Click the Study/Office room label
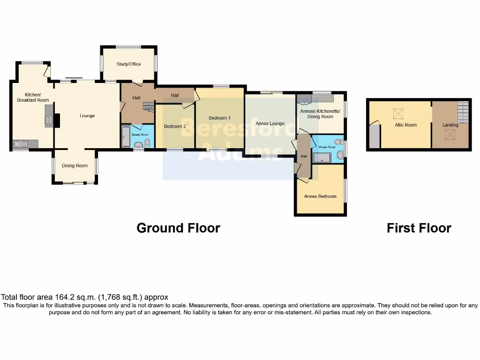[128, 64]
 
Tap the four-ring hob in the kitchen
[49, 120]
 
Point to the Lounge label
[87, 116]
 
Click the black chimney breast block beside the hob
[57, 120]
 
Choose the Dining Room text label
[75, 165]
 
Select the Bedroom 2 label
[175, 127]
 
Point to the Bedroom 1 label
[219, 118]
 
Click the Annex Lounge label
[270, 124]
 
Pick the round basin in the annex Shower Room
[340, 154]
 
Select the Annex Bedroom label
[320, 196]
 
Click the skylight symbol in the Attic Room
[398, 113]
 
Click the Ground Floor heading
[178, 228]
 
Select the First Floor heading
[419, 228]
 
